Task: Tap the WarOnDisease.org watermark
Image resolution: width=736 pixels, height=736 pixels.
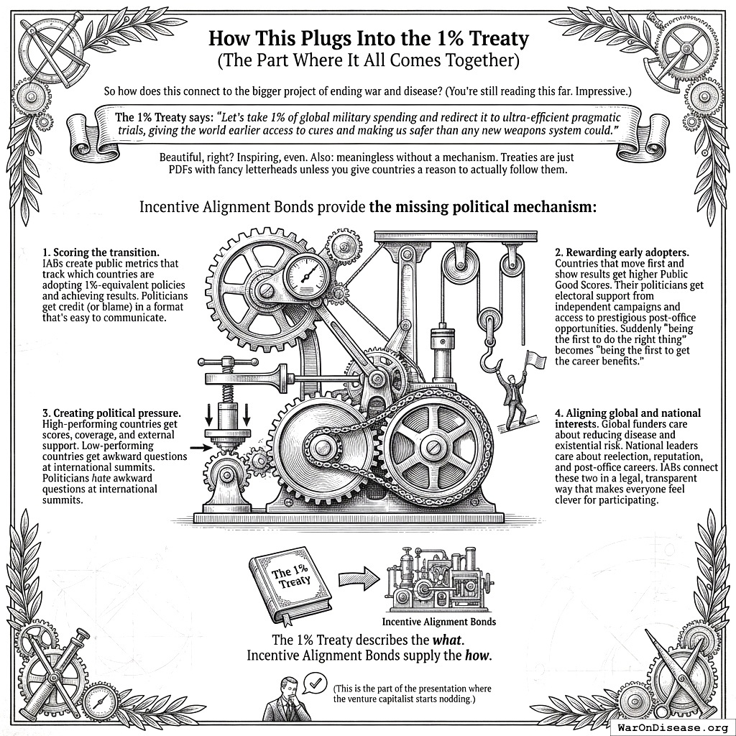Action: tap(673, 727)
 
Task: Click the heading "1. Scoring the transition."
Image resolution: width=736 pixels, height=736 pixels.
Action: tap(102, 252)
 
